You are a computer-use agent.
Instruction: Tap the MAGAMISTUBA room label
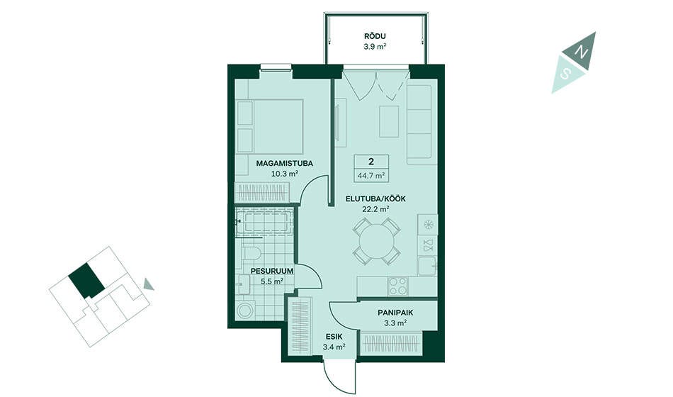click(x=285, y=163)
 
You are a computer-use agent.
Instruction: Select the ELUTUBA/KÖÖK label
click(x=375, y=199)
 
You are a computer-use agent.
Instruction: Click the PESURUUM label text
click(x=272, y=271)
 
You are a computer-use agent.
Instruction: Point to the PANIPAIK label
click(x=395, y=313)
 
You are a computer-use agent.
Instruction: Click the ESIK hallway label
click(x=334, y=337)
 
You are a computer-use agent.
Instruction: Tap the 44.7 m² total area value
click(x=371, y=175)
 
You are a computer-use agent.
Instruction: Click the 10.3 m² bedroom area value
click(x=285, y=174)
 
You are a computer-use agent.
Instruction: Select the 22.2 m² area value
click(x=375, y=209)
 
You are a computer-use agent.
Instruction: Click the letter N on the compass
click(x=582, y=52)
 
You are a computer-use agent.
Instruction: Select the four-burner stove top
click(x=397, y=286)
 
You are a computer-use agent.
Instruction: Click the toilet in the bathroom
click(x=251, y=252)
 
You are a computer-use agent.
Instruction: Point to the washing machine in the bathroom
click(x=246, y=311)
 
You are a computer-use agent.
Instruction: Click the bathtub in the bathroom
click(x=264, y=222)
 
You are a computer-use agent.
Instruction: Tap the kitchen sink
click(x=427, y=266)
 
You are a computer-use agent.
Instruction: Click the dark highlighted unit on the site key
click(x=86, y=281)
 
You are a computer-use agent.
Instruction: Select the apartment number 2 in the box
click(x=371, y=162)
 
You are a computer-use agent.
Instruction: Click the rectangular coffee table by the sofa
click(x=389, y=122)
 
